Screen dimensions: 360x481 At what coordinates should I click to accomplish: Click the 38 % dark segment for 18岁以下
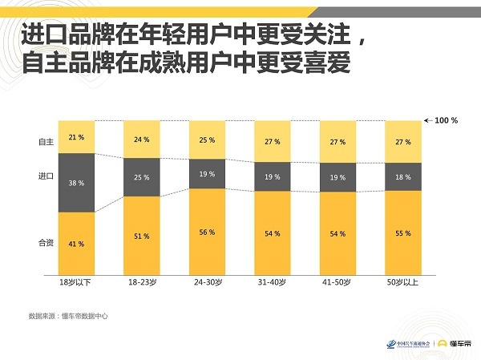(x=76, y=182)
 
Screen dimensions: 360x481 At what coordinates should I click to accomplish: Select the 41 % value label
(x=76, y=243)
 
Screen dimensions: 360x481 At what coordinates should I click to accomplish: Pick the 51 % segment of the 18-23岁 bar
(x=142, y=236)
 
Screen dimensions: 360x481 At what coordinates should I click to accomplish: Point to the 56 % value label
(x=207, y=232)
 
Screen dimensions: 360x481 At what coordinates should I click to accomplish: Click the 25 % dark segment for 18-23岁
(x=142, y=177)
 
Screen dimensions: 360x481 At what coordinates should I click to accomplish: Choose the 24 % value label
(x=142, y=140)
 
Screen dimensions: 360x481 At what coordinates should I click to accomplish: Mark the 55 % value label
(x=402, y=233)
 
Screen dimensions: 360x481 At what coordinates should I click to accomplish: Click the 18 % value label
(x=402, y=176)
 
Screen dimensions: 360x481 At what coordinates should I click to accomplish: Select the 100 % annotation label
(x=446, y=120)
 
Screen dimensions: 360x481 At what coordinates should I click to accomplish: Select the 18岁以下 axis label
(x=76, y=283)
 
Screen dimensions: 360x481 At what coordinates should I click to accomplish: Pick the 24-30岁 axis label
(x=207, y=283)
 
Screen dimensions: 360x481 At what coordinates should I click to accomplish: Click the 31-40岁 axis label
(x=273, y=283)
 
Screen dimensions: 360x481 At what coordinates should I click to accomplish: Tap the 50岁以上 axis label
(x=402, y=283)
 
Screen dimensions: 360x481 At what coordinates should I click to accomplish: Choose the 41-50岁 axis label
(x=338, y=283)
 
